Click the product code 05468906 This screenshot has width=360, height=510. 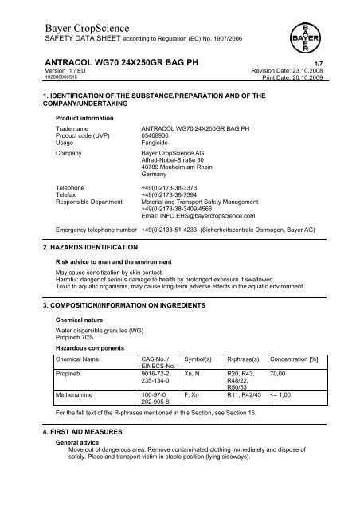[158, 135]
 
